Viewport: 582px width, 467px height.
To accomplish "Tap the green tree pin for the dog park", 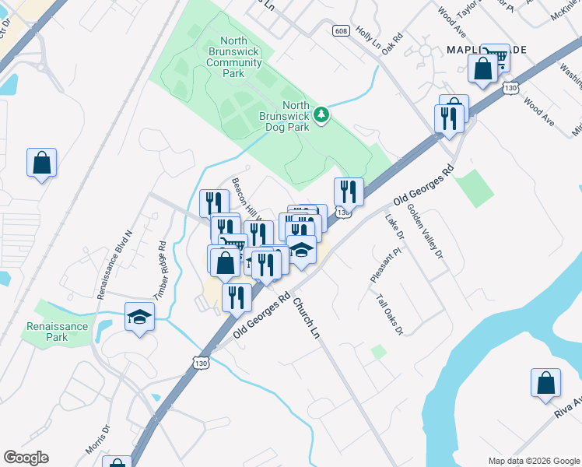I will [321, 115].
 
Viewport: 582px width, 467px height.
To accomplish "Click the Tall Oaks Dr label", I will [390, 314].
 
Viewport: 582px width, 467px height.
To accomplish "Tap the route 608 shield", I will [340, 30].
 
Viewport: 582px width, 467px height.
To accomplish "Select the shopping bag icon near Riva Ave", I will [545, 383].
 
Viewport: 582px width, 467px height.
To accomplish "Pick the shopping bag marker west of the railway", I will [41, 163].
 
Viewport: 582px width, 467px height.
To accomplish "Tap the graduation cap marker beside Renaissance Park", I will [139, 317].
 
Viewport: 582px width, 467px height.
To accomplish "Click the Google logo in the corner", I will [26, 458].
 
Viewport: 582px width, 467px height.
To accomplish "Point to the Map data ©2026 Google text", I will [533, 461].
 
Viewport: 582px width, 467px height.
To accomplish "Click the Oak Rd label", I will [392, 41].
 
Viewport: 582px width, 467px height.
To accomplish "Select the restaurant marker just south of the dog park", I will [349, 191].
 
